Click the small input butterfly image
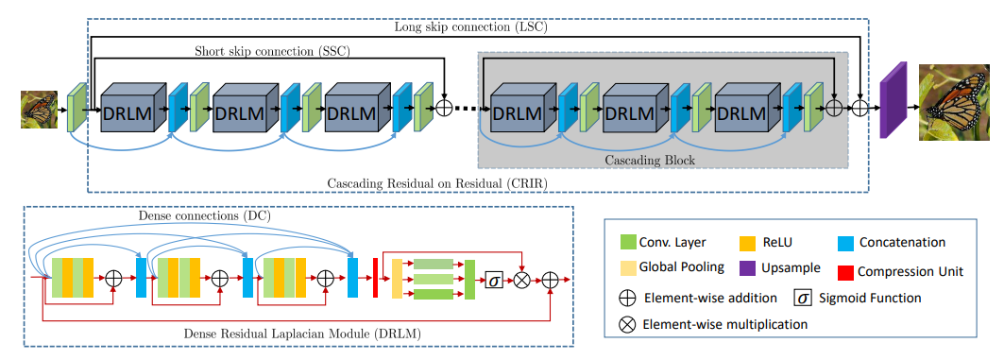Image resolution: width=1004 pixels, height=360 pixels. [x=40, y=109]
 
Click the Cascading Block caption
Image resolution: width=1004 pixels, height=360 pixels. [x=653, y=161]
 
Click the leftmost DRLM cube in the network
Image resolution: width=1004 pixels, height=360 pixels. [x=130, y=111]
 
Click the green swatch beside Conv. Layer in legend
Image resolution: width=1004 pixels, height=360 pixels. [x=627, y=243]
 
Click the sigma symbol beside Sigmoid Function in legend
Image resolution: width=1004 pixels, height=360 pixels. [x=803, y=298]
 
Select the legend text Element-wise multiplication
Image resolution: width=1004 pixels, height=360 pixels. [x=725, y=324]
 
